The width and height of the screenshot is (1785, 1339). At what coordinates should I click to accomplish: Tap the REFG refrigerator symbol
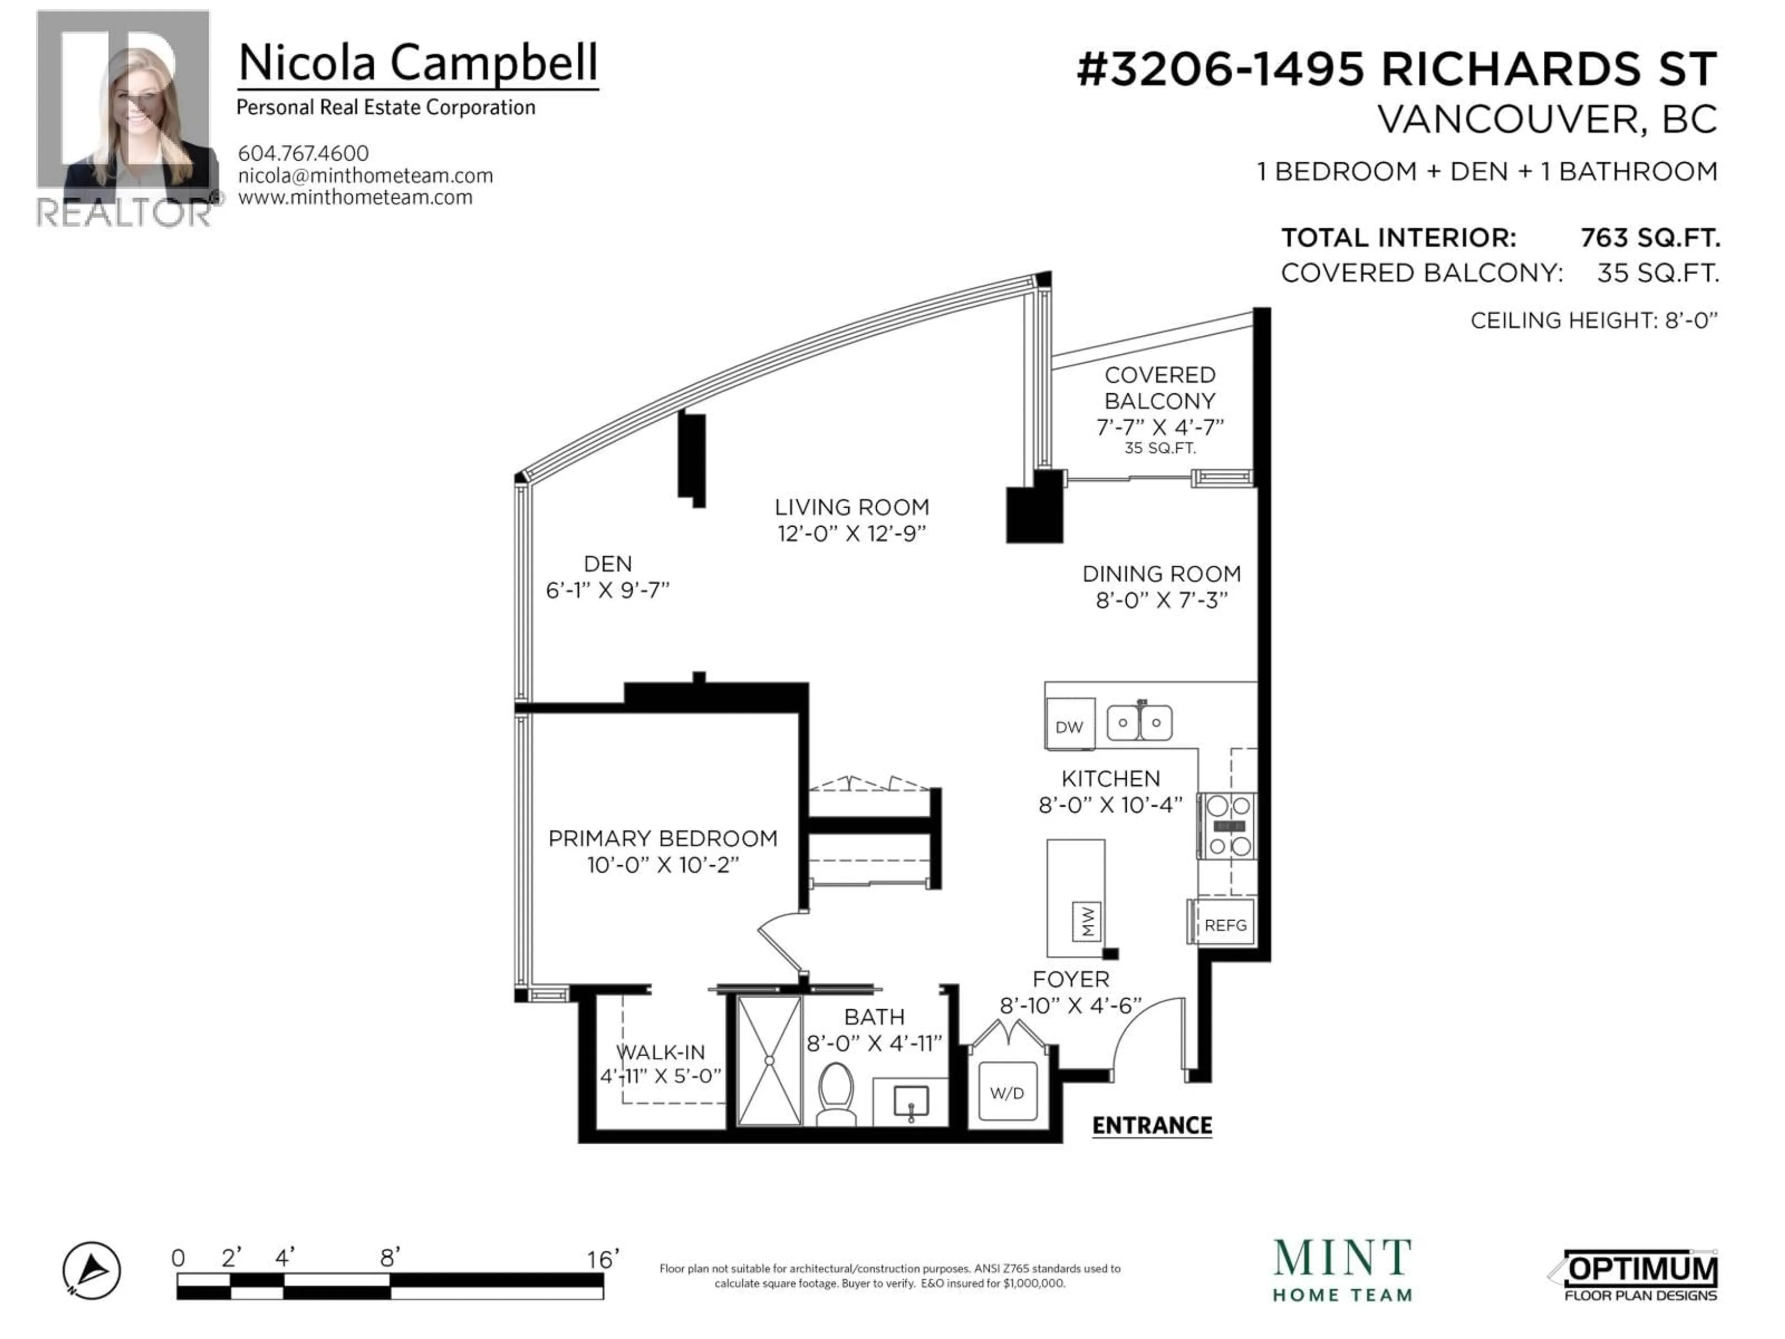tap(1224, 925)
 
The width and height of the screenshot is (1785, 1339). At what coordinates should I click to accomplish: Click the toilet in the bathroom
tap(835, 1094)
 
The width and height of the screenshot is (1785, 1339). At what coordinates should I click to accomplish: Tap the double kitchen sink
tap(1139, 723)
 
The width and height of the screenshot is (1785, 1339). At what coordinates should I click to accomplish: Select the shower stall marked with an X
tap(769, 1060)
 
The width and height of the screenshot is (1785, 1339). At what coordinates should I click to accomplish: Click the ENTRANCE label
tap(1151, 1125)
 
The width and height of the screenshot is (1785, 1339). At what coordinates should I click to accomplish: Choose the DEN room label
tap(608, 563)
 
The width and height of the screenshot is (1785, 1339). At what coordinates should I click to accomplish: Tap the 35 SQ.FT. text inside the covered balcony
tap(1160, 448)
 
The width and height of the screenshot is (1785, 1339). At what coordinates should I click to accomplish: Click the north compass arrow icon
tap(92, 1270)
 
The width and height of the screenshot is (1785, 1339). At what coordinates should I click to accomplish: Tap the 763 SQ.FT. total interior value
tap(1649, 238)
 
